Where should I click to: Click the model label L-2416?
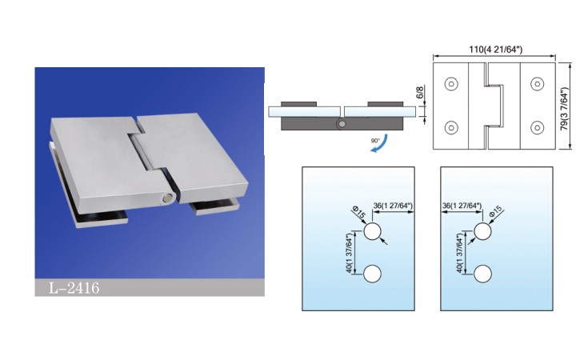[74, 288]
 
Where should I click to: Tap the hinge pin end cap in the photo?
[166, 198]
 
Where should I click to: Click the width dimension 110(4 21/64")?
[495, 50]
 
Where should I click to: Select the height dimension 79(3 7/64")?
[565, 108]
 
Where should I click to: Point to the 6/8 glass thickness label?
[420, 92]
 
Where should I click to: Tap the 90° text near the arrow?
[375, 141]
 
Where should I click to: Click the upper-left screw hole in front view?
[451, 84]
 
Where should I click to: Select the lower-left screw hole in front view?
[451, 128]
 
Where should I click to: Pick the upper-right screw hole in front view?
[537, 84]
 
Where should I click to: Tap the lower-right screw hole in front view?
[537, 128]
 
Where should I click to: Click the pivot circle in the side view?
[342, 124]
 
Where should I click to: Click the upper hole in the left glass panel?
[373, 232]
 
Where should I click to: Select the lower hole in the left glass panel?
[373, 274]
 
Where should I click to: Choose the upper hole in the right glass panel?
[482, 232]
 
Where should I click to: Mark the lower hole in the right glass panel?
[482, 274]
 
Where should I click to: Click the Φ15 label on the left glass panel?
[359, 214]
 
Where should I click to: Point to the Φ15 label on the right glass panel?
[496, 212]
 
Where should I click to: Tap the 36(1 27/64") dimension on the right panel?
[462, 206]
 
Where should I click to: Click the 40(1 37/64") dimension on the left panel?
[350, 253]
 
